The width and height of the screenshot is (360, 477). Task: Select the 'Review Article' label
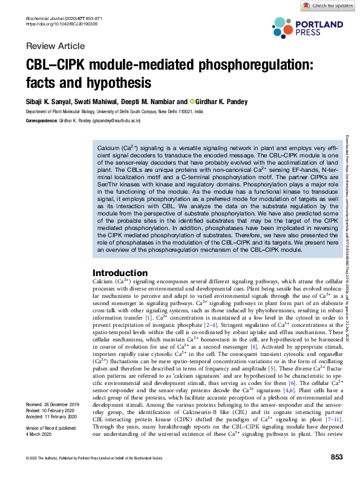pyautogui.click(x=56, y=46)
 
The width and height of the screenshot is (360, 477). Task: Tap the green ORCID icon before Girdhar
pyautogui.click(x=192, y=101)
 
